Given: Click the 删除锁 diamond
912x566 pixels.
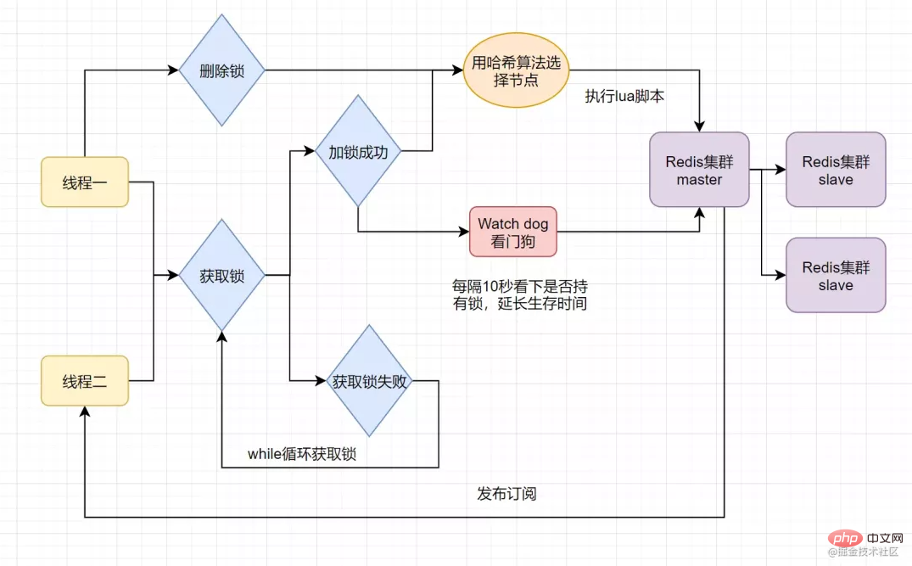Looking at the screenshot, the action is click(221, 70).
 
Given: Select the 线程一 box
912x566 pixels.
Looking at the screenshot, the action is click(85, 182).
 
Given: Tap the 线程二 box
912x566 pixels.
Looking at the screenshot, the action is click(85, 381).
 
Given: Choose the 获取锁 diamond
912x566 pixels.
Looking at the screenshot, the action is click(221, 275).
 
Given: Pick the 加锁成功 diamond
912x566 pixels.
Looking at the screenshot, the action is click(358, 151).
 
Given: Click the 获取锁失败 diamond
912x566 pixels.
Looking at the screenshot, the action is click(369, 381).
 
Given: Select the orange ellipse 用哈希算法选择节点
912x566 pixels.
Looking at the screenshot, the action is click(516, 70).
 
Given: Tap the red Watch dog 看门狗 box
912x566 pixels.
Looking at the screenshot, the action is click(513, 232).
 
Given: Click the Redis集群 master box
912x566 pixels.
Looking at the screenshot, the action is click(699, 170).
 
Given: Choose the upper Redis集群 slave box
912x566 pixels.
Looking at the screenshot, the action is click(836, 170).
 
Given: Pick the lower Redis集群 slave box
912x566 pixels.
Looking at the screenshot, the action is click(836, 275).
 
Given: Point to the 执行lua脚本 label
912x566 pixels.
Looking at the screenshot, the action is click(624, 96).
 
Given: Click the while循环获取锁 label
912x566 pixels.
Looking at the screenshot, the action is click(302, 454).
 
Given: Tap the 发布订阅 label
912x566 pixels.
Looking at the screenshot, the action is click(506, 494).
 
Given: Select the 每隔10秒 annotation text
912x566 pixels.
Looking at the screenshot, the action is click(520, 295).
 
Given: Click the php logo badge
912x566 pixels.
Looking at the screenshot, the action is click(844, 538).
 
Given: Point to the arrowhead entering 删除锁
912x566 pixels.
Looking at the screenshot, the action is click(173, 70).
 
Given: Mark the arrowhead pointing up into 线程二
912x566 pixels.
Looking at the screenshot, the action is click(85, 412).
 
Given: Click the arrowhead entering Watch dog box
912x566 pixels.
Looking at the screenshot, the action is click(463, 232).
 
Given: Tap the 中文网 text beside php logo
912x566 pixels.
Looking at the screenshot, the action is click(885, 538).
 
